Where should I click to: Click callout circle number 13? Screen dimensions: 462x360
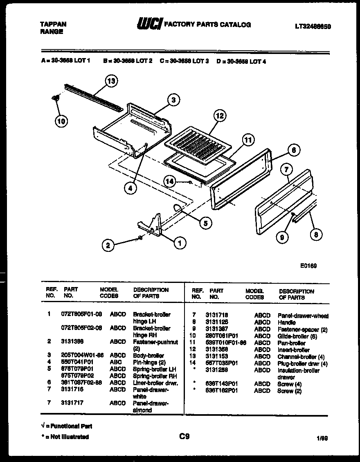[x=111, y=81]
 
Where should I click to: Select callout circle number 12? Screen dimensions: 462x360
[x=220, y=116]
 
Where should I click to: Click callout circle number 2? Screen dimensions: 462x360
[x=108, y=245]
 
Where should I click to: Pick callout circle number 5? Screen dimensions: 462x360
[x=206, y=223]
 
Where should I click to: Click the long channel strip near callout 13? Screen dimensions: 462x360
[x=93, y=97]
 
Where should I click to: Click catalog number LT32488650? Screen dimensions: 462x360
[x=313, y=27]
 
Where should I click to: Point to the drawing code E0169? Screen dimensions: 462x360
[x=308, y=266]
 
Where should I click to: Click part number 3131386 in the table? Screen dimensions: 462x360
[x=72, y=342]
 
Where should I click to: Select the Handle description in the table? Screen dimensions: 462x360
[x=286, y=323]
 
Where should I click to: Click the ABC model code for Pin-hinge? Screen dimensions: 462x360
[x=115, y=362]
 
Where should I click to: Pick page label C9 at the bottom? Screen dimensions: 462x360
[x=184, y=436]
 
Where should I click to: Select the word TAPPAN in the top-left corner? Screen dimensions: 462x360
[x=53, y=24]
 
